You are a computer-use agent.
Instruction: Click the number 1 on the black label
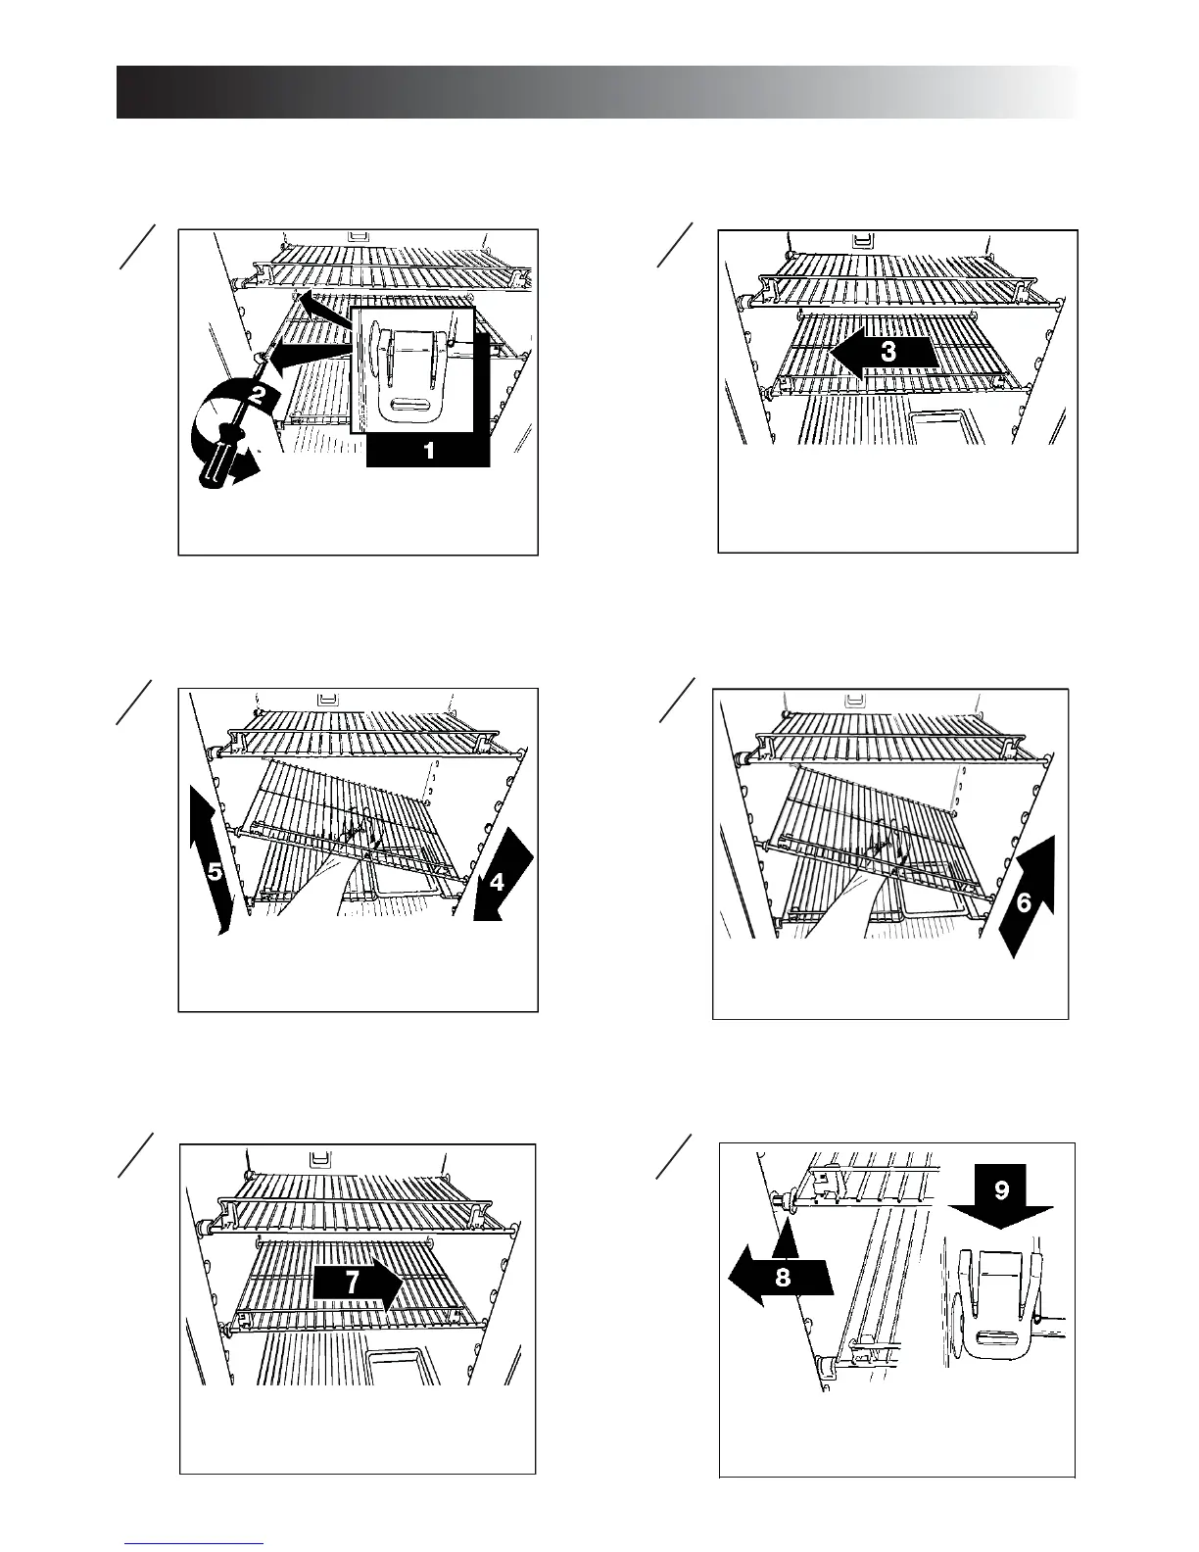427,451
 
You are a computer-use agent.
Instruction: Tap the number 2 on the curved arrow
258,397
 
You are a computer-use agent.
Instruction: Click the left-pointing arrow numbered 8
781,1277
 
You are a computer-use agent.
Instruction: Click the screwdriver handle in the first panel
222,460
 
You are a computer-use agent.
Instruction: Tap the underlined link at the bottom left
194,1545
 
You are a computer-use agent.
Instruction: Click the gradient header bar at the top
598,92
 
